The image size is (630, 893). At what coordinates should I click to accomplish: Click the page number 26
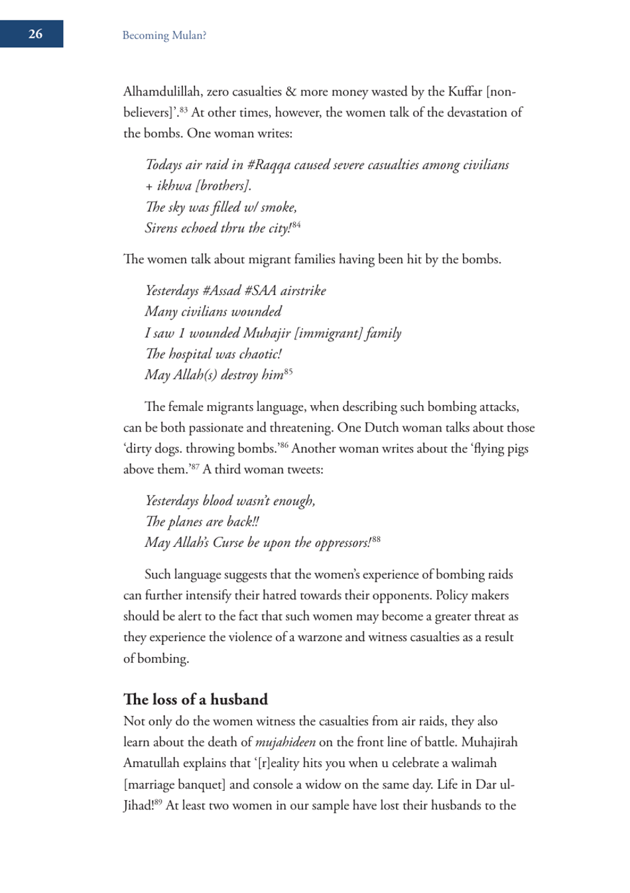[35, 34]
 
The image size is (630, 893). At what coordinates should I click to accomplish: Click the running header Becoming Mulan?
[164, 36]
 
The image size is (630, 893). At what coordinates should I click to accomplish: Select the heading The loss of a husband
[196, 699]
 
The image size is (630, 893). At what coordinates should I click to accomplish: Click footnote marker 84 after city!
[296, 225]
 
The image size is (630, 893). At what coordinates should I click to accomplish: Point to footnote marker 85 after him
[288, 372]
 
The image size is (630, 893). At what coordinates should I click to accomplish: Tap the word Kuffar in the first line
[465, 92]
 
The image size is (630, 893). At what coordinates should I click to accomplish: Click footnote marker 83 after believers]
[183, 110]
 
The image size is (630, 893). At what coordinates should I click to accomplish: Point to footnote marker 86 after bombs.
[283, 446]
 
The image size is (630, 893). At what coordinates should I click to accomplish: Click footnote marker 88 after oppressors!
[376, 540]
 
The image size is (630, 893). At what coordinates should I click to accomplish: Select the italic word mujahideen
[285, 743]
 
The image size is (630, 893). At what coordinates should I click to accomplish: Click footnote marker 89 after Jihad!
[158, 802]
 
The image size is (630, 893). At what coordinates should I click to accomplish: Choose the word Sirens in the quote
[162, 229]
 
